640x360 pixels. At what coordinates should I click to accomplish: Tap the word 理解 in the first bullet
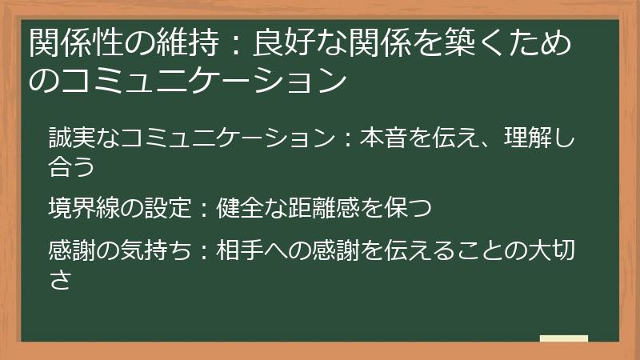point(529,137)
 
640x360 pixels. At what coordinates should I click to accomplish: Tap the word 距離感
point(327,209)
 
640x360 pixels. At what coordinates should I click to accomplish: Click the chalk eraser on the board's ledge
point(564,338)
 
